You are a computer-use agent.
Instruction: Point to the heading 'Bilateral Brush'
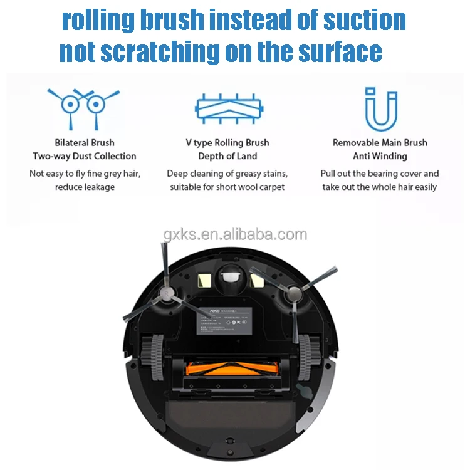pyautogui.click(x=84, y=143)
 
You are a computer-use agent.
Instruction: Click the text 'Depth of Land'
pyautogui.click(x=227, y=156)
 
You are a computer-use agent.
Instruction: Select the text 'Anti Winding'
pyautogui.click(x=380, y=156)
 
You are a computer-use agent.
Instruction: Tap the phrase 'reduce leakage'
pyautogui.click(x=85, y=187)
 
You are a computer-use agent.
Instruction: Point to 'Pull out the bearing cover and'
pyautogui.click(x=380, y=174)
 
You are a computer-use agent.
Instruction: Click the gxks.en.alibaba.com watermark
pyautogui.click(x=235, y=235)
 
